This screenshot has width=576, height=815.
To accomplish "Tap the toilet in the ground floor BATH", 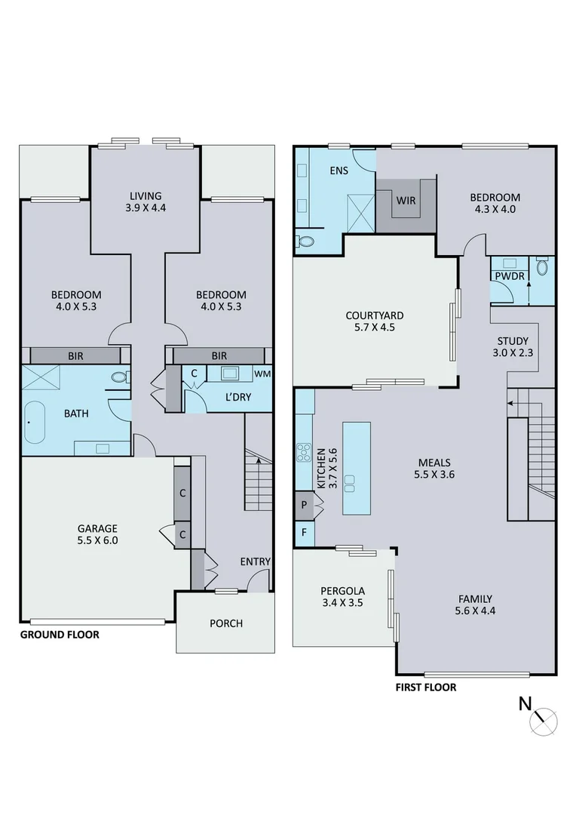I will click(x=119, y=377).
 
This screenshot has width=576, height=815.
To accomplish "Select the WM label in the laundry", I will click(x=262, y=374).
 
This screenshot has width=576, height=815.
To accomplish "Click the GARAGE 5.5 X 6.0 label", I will click(x=98, y=534).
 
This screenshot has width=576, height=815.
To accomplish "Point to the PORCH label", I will click(x=226, y=623).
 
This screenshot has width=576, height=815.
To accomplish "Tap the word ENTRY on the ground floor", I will click(x=255, y=561).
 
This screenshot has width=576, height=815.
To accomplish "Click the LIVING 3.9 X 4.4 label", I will click(x=145, y=201).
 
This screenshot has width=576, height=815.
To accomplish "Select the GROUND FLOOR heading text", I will click(x=60, y=635).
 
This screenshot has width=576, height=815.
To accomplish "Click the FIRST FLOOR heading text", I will click(x=426, y=687).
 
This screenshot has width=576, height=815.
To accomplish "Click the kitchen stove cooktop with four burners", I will click(x=305, y=453).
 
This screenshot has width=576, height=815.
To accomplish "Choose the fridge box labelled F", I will click(x=304, y=532).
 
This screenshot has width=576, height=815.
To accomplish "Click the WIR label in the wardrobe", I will click(x=406, y=200).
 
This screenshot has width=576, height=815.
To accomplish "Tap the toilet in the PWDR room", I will click(x=542, y=268).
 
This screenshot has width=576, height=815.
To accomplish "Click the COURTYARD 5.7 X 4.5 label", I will click(x=375, y=321).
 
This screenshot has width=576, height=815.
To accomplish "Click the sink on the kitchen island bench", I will click(x=350, y=481).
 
